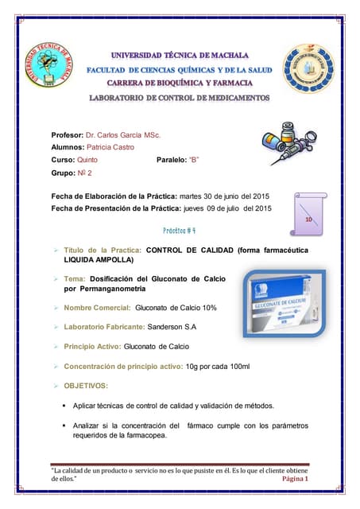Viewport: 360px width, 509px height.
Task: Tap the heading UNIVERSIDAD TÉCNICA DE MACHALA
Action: click(179, 56)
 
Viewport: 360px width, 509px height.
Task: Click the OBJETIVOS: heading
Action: click(86, 386)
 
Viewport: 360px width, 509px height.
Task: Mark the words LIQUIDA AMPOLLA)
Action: click(99, 260)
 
